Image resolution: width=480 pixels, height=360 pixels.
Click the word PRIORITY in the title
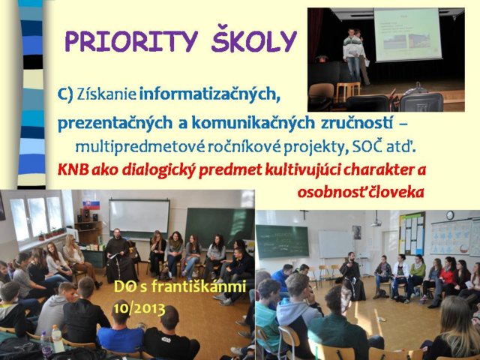point(132,40)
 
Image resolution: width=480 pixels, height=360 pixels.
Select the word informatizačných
point(210,94)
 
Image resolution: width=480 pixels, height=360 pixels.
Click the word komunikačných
point(253,123)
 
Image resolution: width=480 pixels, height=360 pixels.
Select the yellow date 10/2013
point(139,308)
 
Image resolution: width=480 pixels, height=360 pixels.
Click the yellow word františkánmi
point(199,286)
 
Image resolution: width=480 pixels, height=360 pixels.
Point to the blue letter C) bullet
point(65,94)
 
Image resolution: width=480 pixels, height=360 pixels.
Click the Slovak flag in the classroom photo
point(91,205)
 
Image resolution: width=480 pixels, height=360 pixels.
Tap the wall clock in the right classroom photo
point(450,215)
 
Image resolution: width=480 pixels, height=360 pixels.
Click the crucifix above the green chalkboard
point(304,214)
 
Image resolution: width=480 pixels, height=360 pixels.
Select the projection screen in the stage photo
point(407,34)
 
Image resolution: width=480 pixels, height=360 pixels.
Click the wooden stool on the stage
point(348,90)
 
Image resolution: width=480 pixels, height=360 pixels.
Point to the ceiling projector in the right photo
point(376,223)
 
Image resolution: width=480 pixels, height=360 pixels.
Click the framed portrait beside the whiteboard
point(356,232)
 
